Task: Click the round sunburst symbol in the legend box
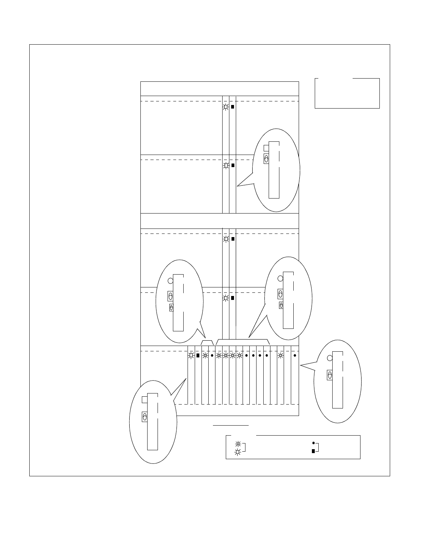pos(238,445)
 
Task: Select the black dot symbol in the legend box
pos(313,443)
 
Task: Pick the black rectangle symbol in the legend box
pos(313,451)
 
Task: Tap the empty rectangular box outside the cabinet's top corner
pos(347,93)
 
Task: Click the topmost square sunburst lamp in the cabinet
pos(226,107)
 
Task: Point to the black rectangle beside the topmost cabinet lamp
pos(233,107)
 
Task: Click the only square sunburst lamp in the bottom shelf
pos(191,355)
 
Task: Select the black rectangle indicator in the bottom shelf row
pos(198,355)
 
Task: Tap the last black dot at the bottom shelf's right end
pos(295,356)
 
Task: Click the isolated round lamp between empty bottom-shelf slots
pos(281,356)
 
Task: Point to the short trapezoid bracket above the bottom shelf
pos(207,342)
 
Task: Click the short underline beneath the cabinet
pos(231,426)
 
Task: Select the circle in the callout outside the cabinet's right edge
pos(330,358)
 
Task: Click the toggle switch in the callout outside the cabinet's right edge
pos(330,375)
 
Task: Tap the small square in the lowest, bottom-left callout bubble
pos(144,400)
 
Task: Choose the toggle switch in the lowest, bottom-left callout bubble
pos(145,417)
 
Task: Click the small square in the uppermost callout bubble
pos(266,148)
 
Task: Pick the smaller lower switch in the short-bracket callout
pos(171,308)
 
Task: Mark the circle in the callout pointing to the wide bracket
pos(280,278)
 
